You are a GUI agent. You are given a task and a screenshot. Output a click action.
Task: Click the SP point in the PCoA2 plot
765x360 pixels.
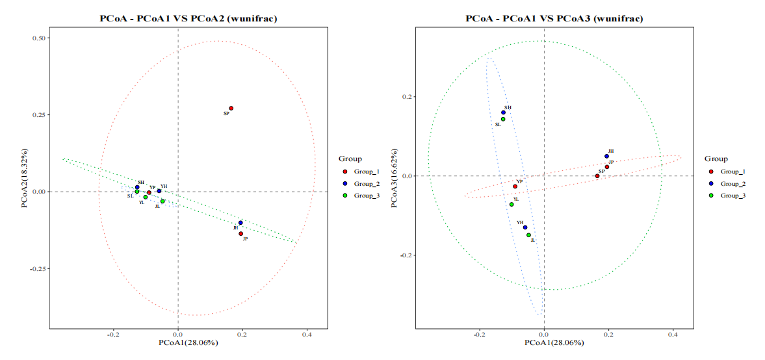[231, 108]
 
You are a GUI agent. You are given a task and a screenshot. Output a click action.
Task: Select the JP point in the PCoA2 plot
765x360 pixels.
[240, 233]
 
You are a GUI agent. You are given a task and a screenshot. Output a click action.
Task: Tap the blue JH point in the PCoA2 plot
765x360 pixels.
[240, 223]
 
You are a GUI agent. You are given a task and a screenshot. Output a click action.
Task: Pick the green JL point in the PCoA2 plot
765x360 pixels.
[162, 201]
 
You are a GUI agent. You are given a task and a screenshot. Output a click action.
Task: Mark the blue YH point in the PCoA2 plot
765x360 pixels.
[159, 191]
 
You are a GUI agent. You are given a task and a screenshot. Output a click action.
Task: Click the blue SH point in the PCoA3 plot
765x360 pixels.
[503, 112]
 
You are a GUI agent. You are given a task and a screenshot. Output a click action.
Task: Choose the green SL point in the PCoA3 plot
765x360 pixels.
[503, 119]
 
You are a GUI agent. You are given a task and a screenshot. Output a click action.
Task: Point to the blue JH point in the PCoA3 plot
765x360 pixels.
[606, 156]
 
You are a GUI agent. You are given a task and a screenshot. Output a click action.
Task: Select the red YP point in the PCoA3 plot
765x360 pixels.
[515, 186]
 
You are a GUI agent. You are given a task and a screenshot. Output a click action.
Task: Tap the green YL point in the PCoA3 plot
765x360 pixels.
[512, 204]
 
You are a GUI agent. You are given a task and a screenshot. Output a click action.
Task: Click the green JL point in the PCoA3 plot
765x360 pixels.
[528, 235]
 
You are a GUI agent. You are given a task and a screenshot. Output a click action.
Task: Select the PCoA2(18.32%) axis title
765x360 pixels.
[24, 176]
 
